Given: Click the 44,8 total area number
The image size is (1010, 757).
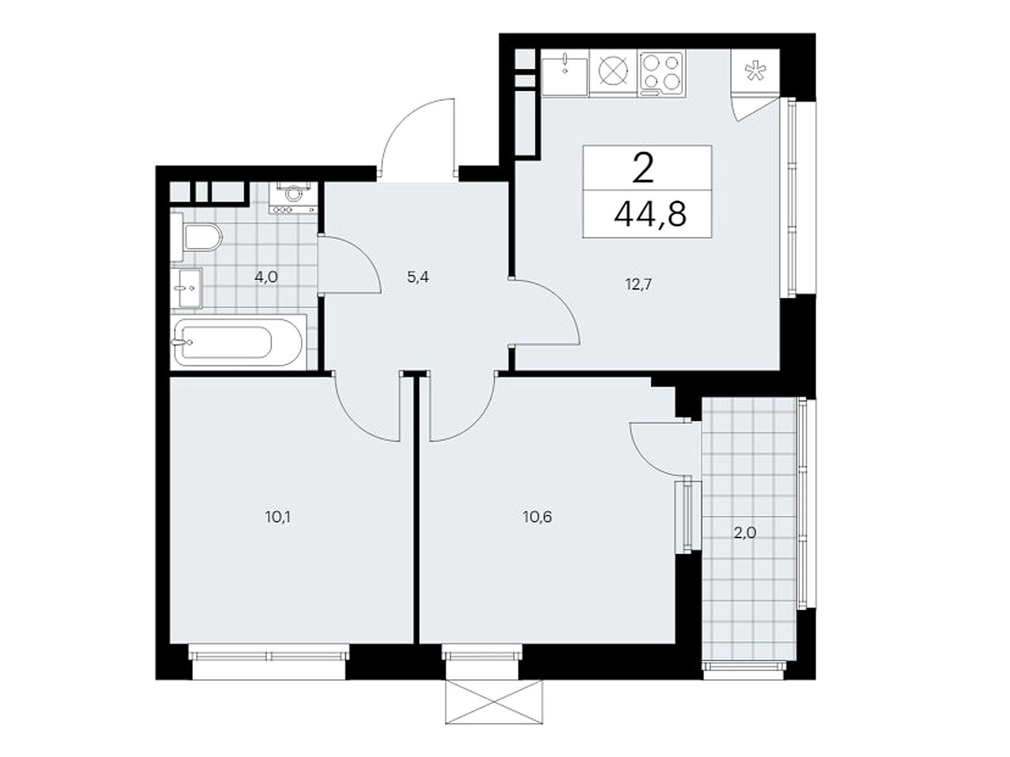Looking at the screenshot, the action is coord(650,214).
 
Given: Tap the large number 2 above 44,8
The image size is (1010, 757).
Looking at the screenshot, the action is coord(643,168).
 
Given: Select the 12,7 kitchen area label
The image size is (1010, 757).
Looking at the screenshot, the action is coord(639,285).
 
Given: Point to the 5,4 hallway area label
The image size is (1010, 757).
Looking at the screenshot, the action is coord(418,278).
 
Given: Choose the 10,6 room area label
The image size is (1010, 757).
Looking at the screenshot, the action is coord(537,517).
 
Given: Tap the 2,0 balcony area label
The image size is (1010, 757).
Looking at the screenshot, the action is coord(745,533).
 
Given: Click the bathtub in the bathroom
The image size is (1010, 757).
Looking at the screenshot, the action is coord(238,341).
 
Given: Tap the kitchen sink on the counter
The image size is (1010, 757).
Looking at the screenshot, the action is coord(565,74).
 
